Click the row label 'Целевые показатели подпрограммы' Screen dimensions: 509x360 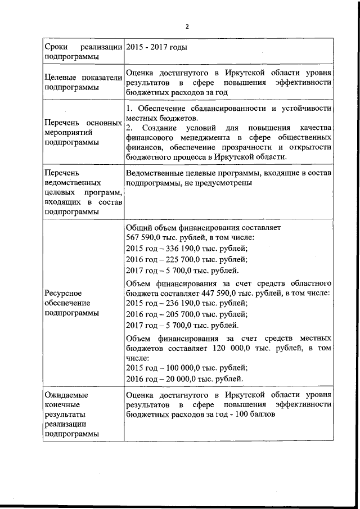[x=83, y=82]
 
